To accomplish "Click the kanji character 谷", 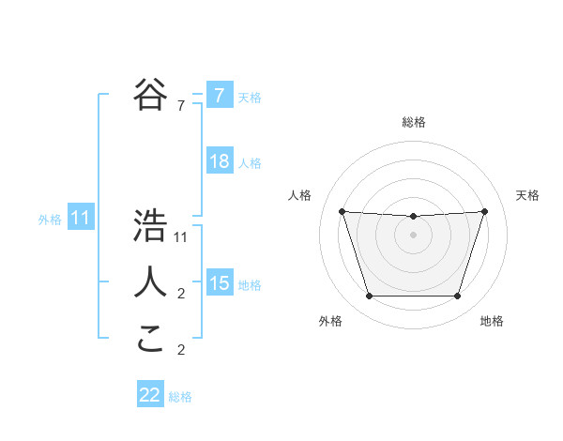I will pyautogui.click(x=150, y=94).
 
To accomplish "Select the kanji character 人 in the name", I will pyautogui.click(x=150, y=281).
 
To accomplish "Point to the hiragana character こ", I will pyautogui.click(x=150, y=337).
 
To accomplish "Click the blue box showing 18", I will pyautogui.click(x=219, y=161).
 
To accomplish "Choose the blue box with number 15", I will pyautogui.click(x=219, y=283).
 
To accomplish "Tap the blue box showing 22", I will pyautogui.click(x=150, y=395).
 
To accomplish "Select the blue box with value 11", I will pyautogui.click(x=80, y=219).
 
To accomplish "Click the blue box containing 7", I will pyautogui.click(x=219, y=95).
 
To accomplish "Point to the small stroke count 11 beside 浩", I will pyautogui.click(x=181, y=237).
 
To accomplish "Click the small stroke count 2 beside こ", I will pyautogui.click(x=181, y=350).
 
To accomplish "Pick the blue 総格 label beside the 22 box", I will pyautogui.click(x=180, y=397).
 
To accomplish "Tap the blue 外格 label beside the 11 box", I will pyautogui.click(x=50, y=220).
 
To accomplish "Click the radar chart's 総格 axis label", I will pyautogui.click(x=413, y=122).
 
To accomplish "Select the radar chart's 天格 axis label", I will pyautogui.click(x=527, y=195).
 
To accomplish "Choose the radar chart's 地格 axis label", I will pyautogui.click(x=492, y=322).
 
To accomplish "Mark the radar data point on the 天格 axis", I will pyautogui.click(x=484, y=211).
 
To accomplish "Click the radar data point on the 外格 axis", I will pyautogui.click(x=369, y=297).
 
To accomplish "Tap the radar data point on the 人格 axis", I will pyautogui.click(x=342, y=211).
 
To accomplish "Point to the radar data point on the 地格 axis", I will pyautogui.click(x=457, y=297).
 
